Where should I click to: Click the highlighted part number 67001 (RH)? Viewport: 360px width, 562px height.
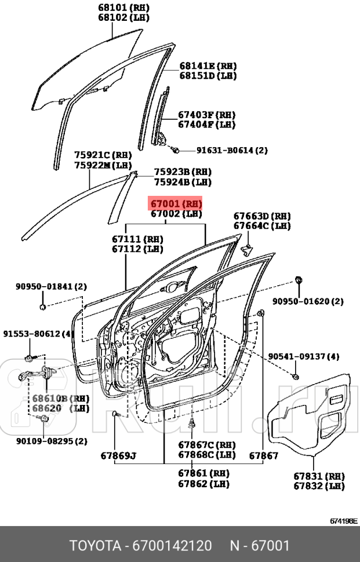coord(176,204)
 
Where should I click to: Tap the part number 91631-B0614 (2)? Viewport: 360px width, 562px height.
coord(232,150)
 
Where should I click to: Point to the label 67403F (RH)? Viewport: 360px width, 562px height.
coord(206,115)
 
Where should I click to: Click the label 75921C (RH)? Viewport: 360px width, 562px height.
coord(103,155)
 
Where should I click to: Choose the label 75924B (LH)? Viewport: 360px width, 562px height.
coord(182,182)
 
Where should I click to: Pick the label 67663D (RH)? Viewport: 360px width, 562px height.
coord(262,216)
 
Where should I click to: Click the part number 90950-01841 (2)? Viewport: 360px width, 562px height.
coord(51,286)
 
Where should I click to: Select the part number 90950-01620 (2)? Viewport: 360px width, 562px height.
coord(308,301)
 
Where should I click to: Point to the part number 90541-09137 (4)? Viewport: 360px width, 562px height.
coord(304,356)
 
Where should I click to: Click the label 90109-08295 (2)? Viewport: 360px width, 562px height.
coord(52,441)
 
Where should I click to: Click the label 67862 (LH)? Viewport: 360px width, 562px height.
coord(203,483)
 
